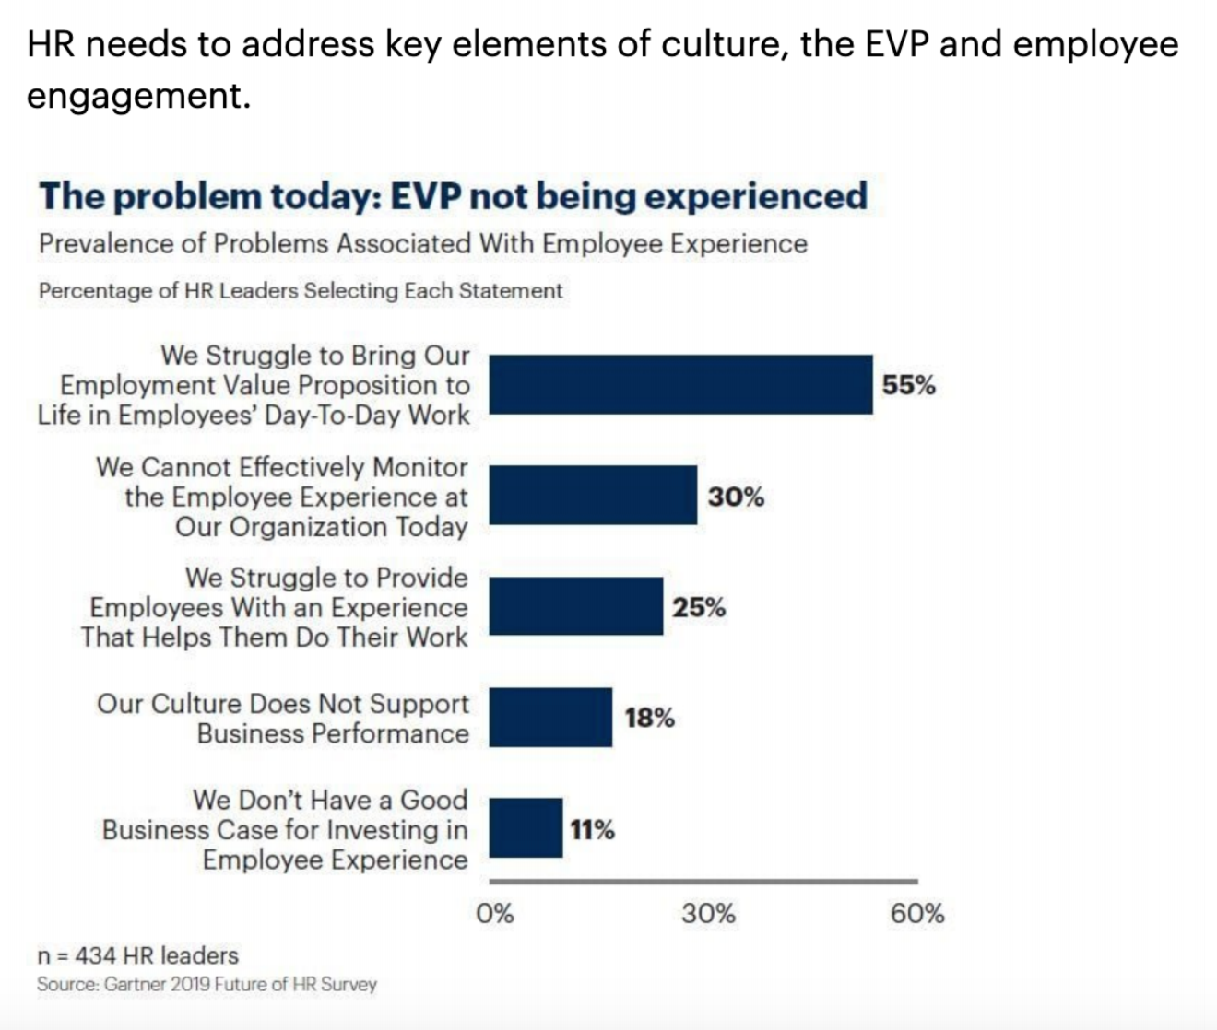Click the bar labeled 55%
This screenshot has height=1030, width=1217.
tap(680, 384)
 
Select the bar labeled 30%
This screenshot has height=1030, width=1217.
tap(593, 496)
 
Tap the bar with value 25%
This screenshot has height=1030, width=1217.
tap(575, 606)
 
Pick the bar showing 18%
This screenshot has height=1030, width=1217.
tap(550, 717)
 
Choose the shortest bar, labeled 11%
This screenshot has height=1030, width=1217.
tap(526, 828)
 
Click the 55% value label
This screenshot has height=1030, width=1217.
tap(908, 385)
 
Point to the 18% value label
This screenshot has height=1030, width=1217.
tap(649, 718)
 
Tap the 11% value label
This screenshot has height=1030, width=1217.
tap(592, 830)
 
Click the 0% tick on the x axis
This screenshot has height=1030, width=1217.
tap(494, 914)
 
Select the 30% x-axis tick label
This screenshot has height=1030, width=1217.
tap(708, 914)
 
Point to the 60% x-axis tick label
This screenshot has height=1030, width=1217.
tap(916, 914)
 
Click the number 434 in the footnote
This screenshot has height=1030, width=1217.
tap(95, 955)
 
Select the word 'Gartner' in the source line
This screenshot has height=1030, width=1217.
tap(135, 985)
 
